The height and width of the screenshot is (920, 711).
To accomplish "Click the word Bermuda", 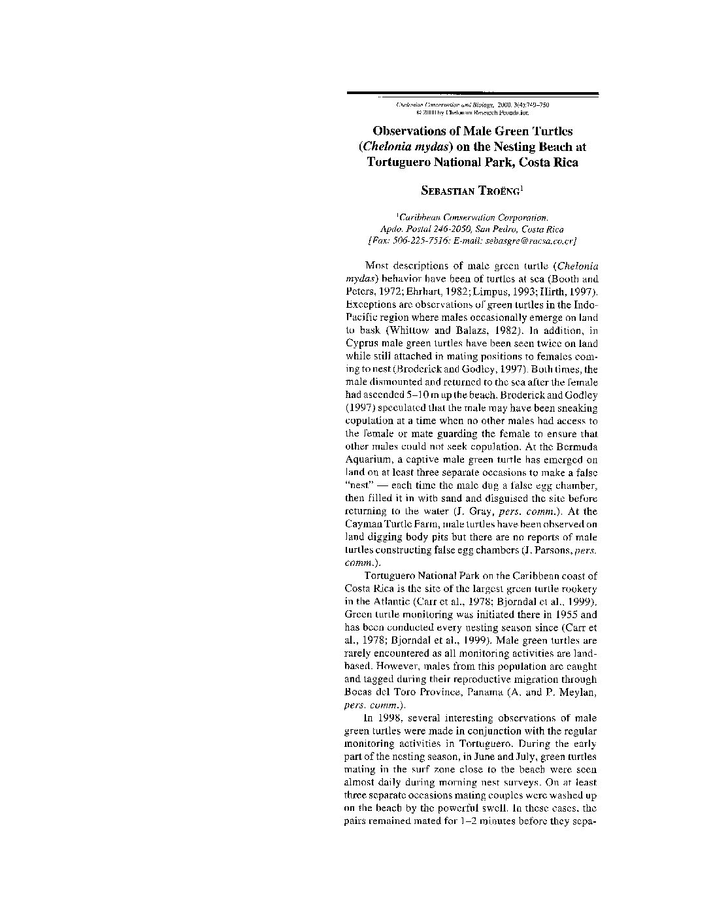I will (x=577, y=446).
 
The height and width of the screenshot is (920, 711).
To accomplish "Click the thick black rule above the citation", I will (x=472, y=93).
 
